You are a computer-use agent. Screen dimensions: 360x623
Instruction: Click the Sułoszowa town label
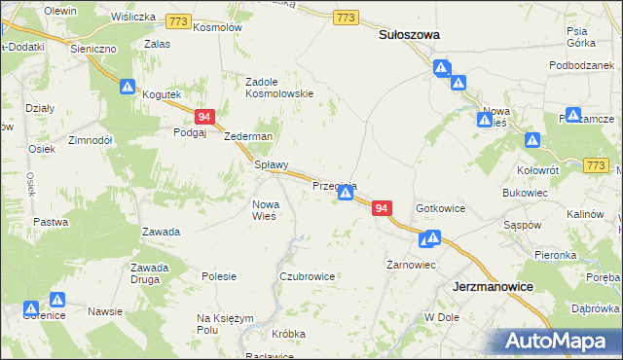pos(409,34)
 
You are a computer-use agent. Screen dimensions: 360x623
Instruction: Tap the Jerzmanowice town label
pos(496,288)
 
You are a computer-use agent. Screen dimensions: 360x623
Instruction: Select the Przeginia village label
pos(335,185)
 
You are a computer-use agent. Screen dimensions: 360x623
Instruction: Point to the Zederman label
pos(248,136)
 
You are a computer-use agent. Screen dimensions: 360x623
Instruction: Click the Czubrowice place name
pos(307,276)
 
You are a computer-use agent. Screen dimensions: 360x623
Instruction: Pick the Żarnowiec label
pos(410,265)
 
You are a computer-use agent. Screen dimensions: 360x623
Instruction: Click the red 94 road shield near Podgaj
pos(204,117)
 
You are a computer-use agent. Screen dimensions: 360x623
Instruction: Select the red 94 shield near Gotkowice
pos(382,209)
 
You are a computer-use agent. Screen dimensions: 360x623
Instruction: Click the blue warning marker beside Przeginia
pos(346,195)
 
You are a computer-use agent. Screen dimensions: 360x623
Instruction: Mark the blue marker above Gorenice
pos(57,301)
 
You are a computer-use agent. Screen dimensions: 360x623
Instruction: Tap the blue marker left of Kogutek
pos(127,87)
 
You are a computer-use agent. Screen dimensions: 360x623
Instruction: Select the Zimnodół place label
pos(92,140)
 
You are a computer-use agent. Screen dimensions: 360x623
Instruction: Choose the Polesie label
pos(219,276)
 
